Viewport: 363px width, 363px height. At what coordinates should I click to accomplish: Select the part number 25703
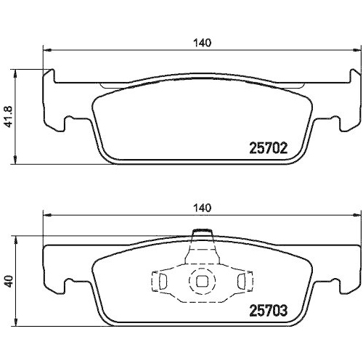pos(269,311)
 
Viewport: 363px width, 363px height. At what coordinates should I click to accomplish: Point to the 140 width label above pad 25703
pos(203,208)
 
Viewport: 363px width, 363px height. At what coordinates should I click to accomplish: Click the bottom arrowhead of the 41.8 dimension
pos(17,159)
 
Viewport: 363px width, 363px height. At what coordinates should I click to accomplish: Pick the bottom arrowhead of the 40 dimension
pos(17,323)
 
